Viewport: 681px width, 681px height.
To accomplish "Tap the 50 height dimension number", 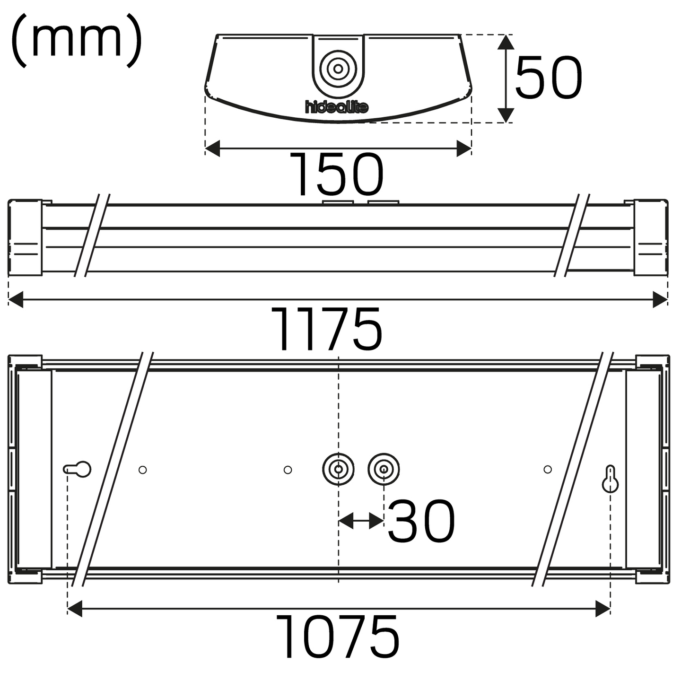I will pos(549,78).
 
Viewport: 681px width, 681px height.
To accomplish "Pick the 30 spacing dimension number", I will pos(421,522).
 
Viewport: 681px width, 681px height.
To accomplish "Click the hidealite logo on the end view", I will pos(337,107).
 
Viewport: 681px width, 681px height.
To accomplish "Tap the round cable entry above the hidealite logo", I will pos(338,69).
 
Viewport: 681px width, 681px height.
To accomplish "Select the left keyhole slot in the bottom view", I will pos(78,469).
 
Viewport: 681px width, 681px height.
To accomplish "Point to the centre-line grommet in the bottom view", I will pos(338,470).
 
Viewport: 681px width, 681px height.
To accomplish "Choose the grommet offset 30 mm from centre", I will pos(384,470).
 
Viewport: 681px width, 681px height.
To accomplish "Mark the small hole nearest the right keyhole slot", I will pos(548,469).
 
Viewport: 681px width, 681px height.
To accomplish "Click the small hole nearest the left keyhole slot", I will pos(142,470).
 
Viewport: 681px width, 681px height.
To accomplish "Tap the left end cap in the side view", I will pos(25,237).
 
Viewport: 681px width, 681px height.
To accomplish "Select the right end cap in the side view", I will pos(651,237).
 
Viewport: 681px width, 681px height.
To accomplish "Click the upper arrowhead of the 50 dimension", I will pos(506,43).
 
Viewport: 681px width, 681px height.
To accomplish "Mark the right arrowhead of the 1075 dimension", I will pos(602,609).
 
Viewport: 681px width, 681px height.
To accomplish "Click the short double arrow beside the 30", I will pos(361,521).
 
